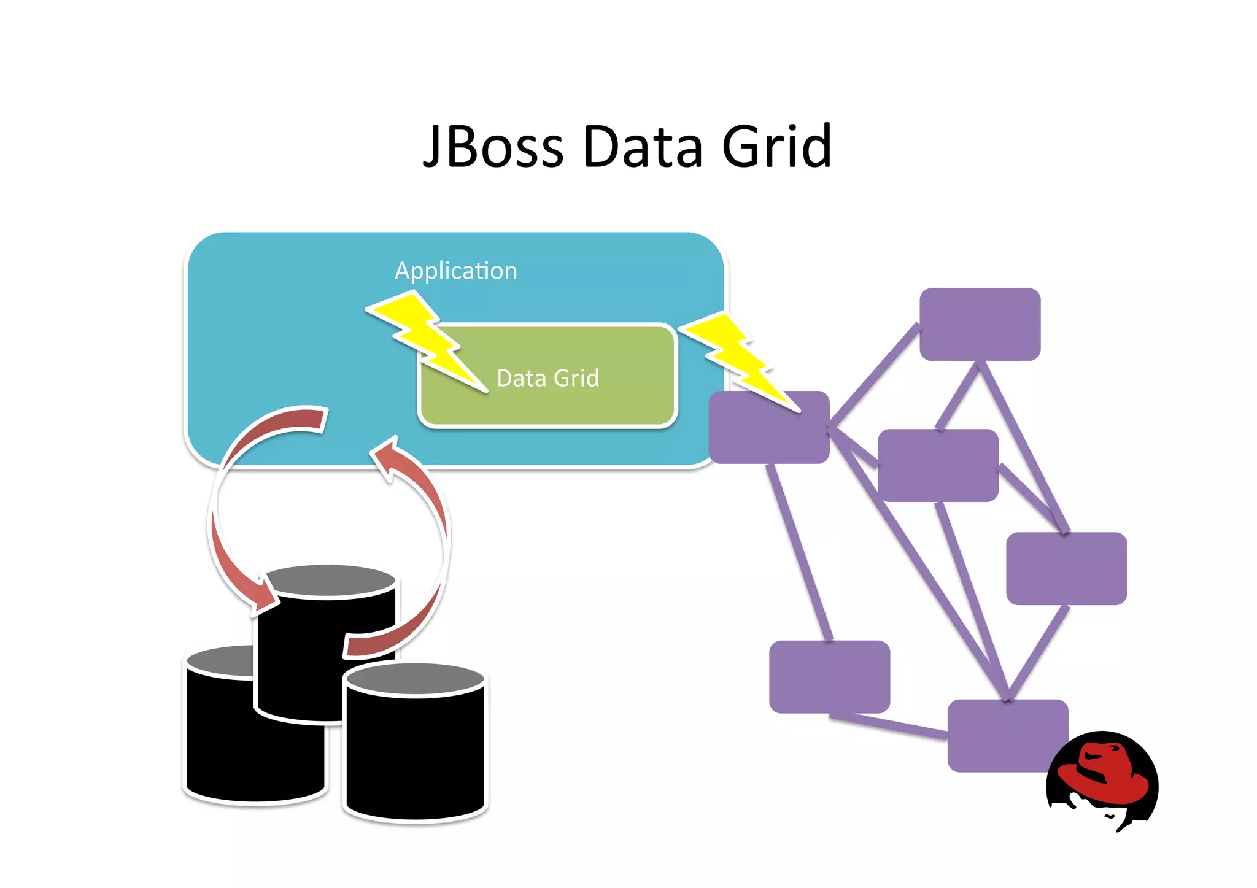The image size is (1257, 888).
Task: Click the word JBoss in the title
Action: coord(493,147)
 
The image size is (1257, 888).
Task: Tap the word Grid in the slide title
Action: coord(776,147)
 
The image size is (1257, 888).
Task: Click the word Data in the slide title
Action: coord(643,147)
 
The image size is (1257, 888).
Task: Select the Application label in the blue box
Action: coord(455,271)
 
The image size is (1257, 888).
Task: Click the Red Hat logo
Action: coord(1102,779)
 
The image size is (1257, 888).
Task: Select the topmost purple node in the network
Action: coord(980,324)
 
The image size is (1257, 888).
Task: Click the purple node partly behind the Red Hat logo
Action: coord(1000,736)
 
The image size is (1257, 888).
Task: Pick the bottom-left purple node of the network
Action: coord(829,676)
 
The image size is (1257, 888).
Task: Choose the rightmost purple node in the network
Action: coord(1066,568)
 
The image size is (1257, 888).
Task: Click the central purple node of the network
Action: coord(937,465)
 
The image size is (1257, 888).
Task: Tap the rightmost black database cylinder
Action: coord(415,755)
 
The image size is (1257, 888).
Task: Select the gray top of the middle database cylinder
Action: coord(330,581)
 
